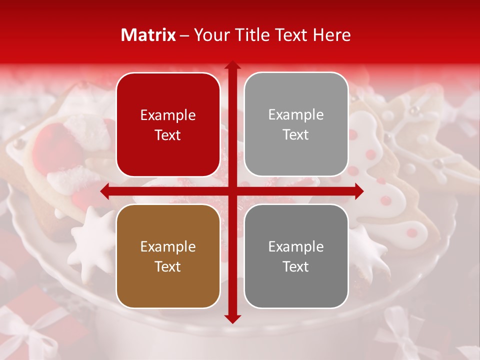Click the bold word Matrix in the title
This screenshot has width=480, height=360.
(x=148, y=35)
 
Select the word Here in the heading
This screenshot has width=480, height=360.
(x=331, y=35)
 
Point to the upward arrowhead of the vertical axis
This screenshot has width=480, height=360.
(x=232, y=64)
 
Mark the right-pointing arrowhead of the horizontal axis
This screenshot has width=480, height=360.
(x=359, y=191)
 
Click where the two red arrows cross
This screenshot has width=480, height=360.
(x=232, y=191)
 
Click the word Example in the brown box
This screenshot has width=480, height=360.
(x=168, y=246)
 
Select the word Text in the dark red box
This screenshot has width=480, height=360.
(x=168, y=135)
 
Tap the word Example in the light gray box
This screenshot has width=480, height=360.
(x=296, y=114)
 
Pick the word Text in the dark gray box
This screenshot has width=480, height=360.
(x=296, y=266)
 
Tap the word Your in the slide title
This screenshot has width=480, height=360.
(x=210, y=35)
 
